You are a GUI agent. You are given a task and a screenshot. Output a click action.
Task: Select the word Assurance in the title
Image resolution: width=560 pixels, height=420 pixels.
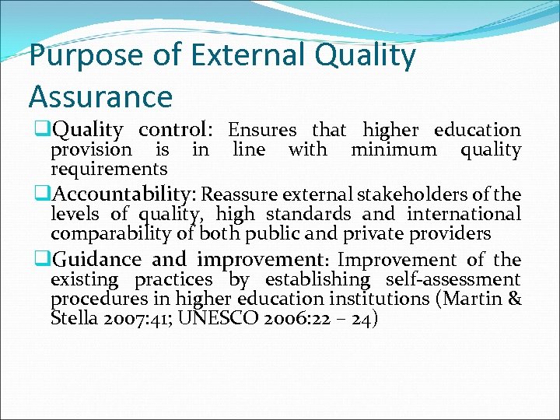(100, 96)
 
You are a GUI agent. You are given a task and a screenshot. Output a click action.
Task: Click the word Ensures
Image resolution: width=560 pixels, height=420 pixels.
(262, 130)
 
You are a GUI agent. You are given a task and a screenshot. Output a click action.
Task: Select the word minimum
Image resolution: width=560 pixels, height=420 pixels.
(394, 149)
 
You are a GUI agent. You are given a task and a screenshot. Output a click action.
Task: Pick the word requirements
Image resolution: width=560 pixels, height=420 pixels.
(109, 169)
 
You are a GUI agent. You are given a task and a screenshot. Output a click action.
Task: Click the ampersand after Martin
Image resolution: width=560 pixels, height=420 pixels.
(514, 299)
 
